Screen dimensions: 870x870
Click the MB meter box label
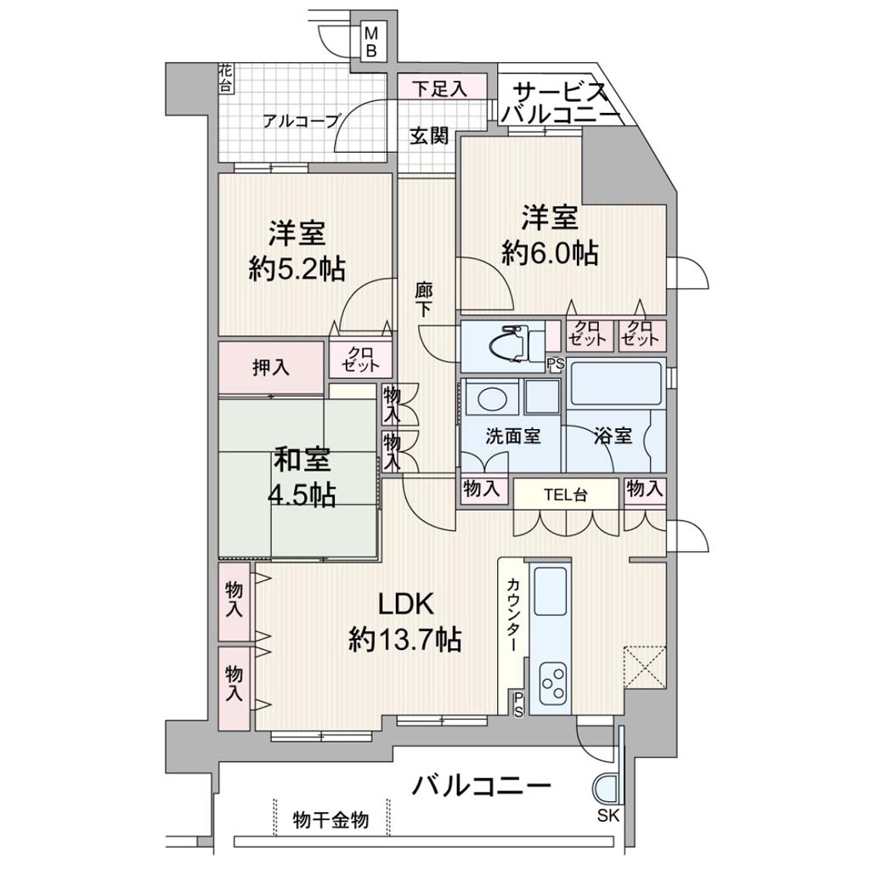pos(371,42)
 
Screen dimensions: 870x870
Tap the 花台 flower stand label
pos(226,78)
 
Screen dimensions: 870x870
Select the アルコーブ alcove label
pos(301,121)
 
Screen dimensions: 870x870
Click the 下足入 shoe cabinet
pos(442,88)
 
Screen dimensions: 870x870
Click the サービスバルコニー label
pos(561,103)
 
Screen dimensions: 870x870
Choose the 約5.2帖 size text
pos(297,269)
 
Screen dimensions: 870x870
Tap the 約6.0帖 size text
pos(550,253)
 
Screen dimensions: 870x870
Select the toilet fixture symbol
pos(513,343)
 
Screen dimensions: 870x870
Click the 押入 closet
pos(271,367)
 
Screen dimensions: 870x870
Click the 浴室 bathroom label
pos(613,436)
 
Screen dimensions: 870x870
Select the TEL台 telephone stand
pos(565,494)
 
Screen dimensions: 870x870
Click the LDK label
pos(405,604)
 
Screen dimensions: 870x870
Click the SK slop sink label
pos(608,816)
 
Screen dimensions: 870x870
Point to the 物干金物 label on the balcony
pos(330,820)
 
